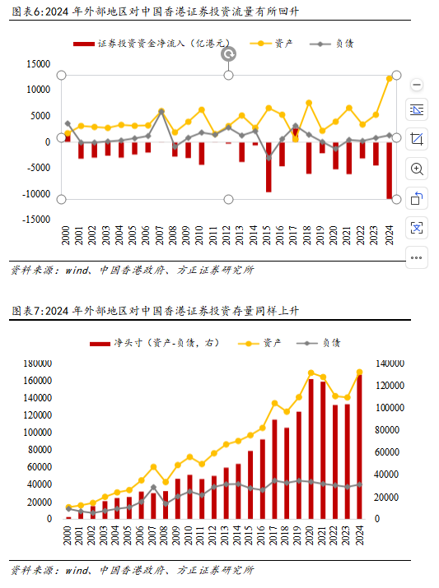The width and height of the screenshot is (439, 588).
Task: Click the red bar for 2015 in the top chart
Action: [269, 167]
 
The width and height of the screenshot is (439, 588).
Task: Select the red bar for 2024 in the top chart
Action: [389, 170]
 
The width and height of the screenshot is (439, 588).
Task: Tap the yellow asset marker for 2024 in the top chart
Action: [389, 78]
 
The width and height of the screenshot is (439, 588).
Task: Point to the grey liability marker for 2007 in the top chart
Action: [161, 112]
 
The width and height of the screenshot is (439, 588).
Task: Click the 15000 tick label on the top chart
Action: [39, 64]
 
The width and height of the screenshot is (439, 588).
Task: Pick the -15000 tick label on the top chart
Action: [36, 220]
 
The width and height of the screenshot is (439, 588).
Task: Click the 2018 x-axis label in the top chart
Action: [307, 235]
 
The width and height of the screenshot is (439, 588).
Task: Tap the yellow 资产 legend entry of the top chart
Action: [271, 44]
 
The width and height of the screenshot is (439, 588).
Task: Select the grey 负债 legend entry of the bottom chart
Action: [318, 343]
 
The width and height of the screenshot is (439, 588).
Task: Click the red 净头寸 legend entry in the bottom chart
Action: [154, 343]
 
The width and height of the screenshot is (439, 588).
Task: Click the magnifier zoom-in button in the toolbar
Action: [417, 169]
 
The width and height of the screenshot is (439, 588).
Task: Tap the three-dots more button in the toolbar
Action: [417, 257]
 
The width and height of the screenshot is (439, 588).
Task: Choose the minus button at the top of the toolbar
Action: [417, 85]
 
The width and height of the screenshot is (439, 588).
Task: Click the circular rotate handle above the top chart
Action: [228, 54]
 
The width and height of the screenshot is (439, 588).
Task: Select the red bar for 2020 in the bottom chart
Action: [311, 449]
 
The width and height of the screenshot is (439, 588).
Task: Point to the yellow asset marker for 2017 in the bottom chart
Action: [274, 403]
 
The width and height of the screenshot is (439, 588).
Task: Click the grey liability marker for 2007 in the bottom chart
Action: [153, 488]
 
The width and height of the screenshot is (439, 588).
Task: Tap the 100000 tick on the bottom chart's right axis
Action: [390, 408]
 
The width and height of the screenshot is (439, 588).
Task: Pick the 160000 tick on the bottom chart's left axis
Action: [38, 380]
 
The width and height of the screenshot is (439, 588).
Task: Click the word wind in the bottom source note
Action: [77, 571]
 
